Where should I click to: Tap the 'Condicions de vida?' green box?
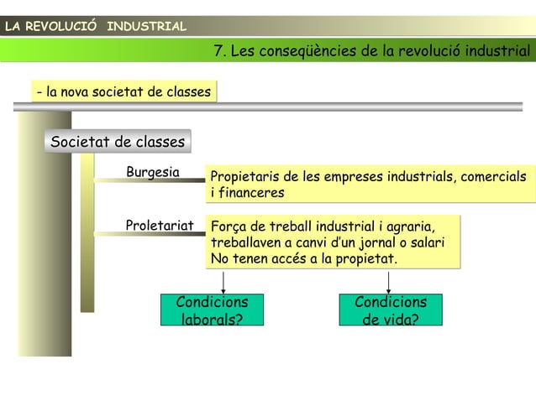coord(390,310)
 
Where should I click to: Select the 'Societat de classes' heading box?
coord(118,142)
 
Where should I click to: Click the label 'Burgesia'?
coord(153,173)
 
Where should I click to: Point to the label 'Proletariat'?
coord(159,225)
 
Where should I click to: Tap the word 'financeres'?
coord(251,193)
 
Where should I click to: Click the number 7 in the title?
coord(220,52)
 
